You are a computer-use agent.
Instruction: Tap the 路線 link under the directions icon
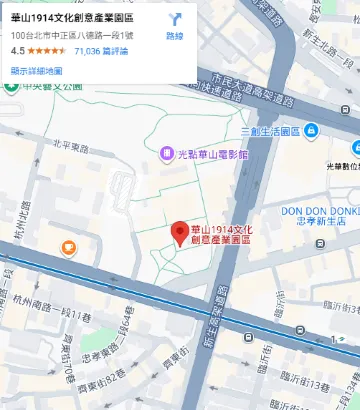click(174, 37)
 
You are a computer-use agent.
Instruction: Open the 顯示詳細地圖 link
click(36, 71)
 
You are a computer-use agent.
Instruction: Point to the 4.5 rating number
click(18, 49)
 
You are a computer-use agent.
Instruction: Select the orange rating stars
click(48, 49)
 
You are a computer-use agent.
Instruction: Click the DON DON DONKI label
click(319, 211)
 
